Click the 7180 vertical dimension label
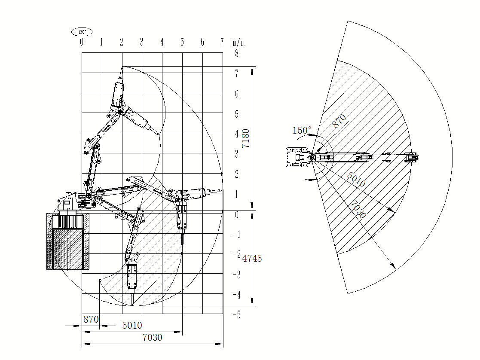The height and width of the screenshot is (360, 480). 245,138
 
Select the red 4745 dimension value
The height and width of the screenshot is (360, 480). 252,258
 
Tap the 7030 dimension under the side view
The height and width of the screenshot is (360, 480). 152,338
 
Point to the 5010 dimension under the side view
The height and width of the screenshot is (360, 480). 132,325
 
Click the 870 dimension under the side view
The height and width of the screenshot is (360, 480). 91,319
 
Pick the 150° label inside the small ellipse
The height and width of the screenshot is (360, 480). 82,32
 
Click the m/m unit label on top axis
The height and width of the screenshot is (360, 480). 239,42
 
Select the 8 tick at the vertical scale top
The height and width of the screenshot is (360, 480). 236,54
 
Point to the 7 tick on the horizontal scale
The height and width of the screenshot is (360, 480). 222,42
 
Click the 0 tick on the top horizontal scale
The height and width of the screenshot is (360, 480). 82,42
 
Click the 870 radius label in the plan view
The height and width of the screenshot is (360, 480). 339,121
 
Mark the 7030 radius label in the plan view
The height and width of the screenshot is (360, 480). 358,210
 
